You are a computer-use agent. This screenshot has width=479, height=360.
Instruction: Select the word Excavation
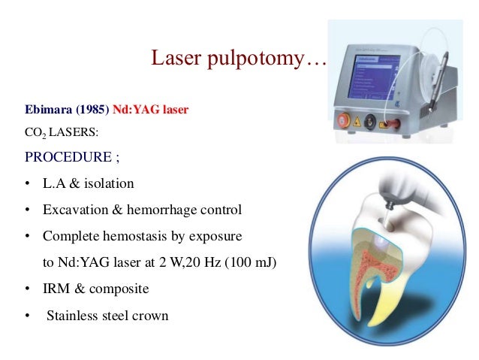click(x=74, y=210)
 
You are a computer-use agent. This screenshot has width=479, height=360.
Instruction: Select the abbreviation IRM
click(x=56, y=289)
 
